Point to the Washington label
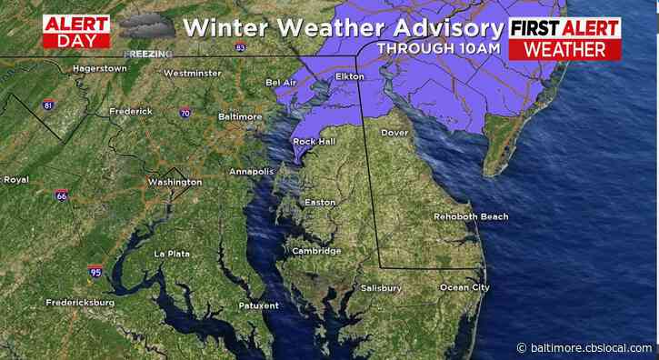[x=175, y=182]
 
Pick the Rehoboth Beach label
[x=471, y=217]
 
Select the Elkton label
[x=350, y=77]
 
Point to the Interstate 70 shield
[x=185, y=115]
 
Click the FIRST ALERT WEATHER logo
[x=564, y=37]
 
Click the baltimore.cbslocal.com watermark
[x=585, y=347]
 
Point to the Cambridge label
[x=316, y=251]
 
